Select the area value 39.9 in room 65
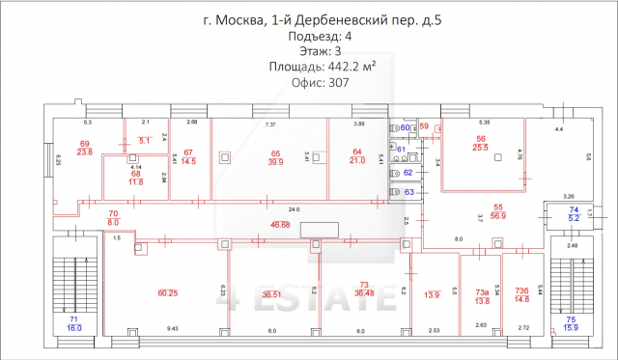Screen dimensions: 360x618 (275, 162)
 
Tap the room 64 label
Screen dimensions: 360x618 (356, 152)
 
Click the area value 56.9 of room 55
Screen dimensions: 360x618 (499, 217)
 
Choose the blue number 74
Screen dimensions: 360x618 (573, 209)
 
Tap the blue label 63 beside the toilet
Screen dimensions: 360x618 (408, 193)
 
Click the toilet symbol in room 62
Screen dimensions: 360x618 (396, 172)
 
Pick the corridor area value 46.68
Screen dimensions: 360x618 (280, 224)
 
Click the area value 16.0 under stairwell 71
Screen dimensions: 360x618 (73, 328)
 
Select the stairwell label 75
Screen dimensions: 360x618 (571, 319)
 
